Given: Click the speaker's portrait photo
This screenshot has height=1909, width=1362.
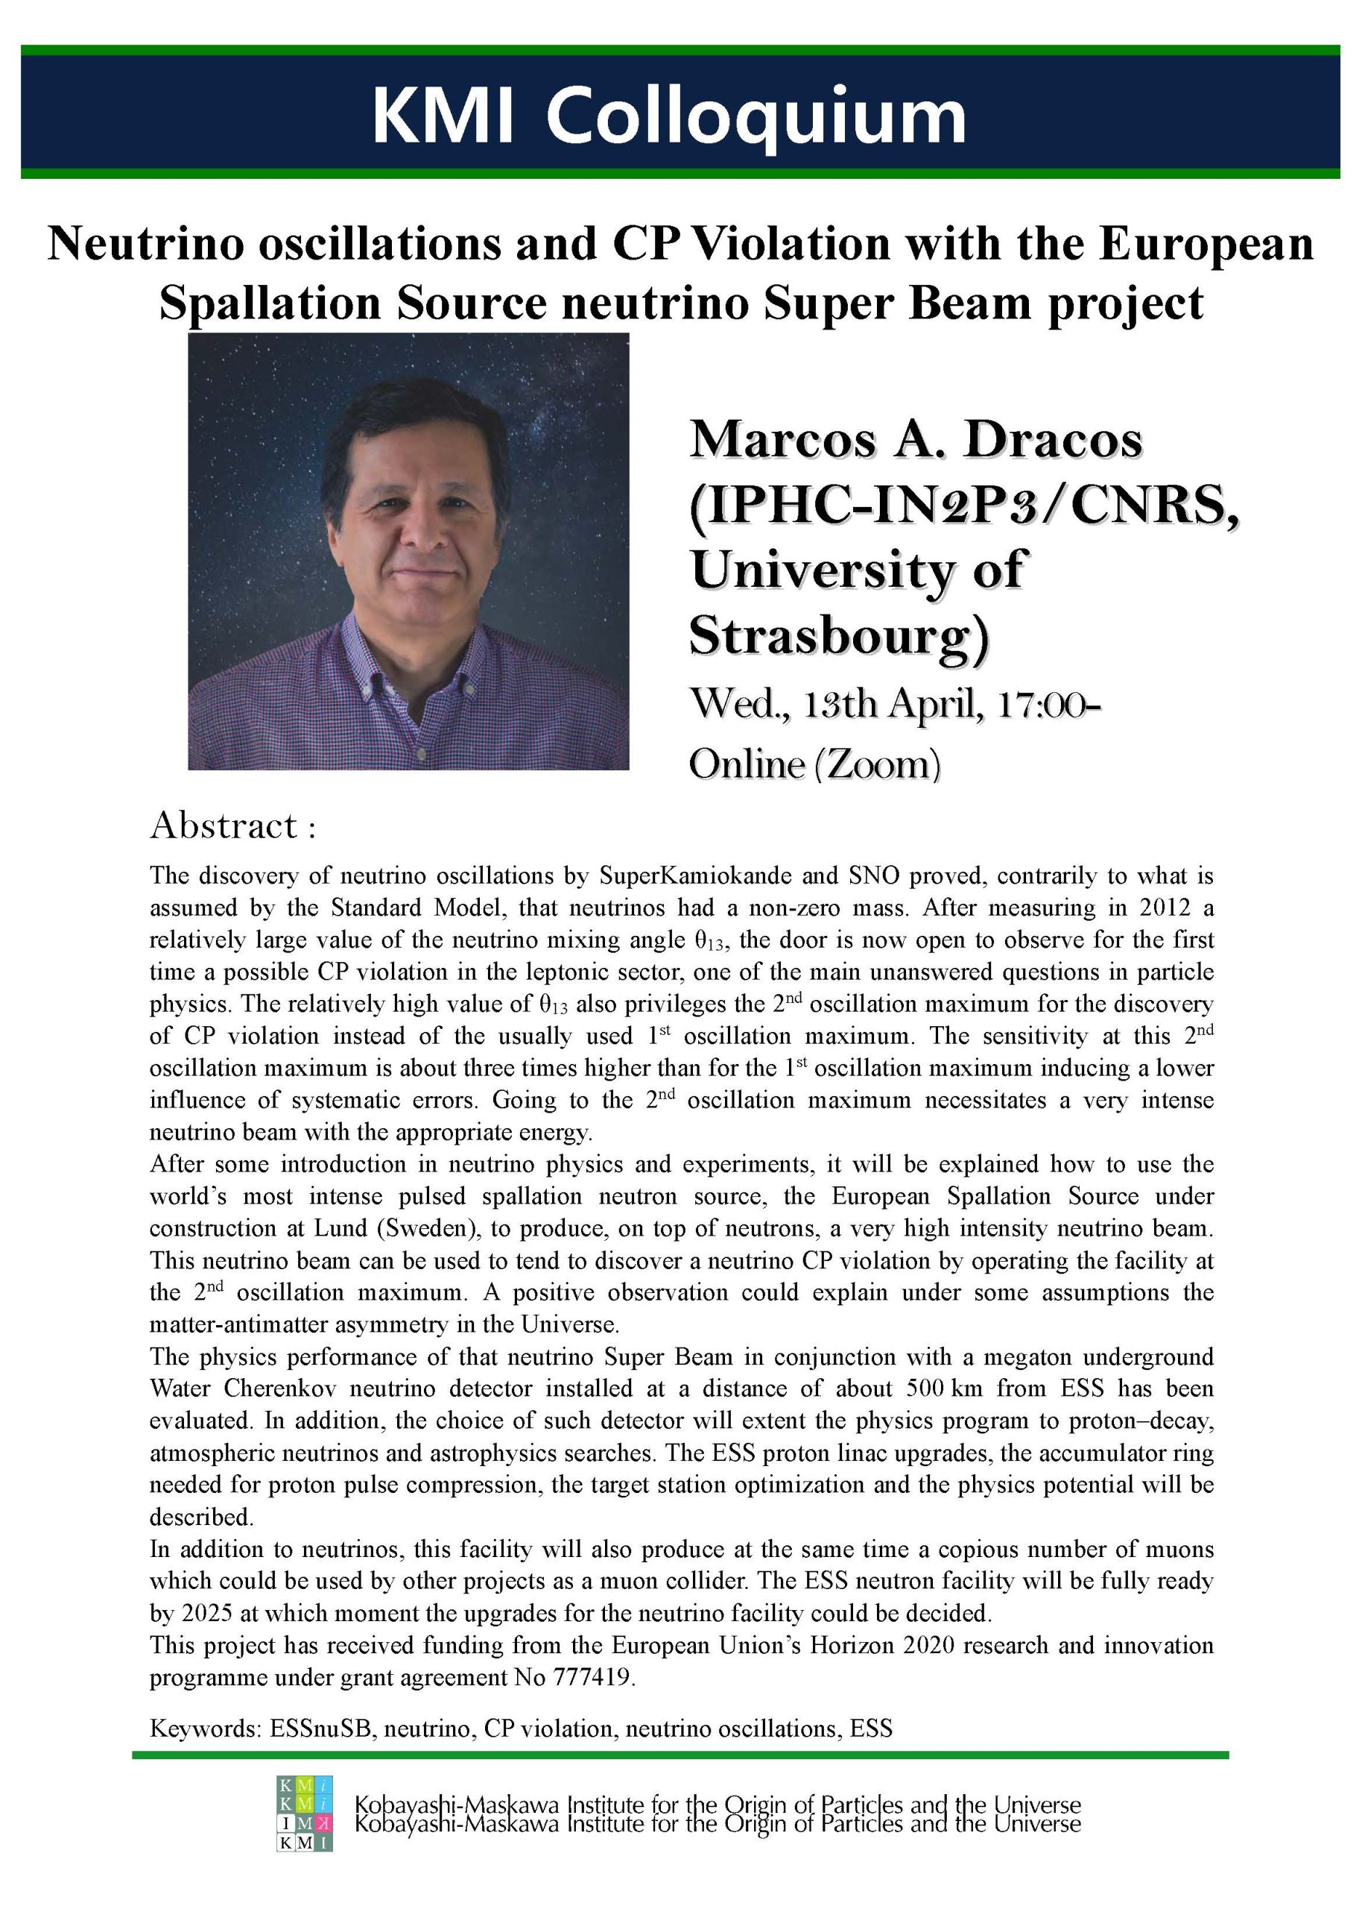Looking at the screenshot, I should [x=408, y=551].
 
